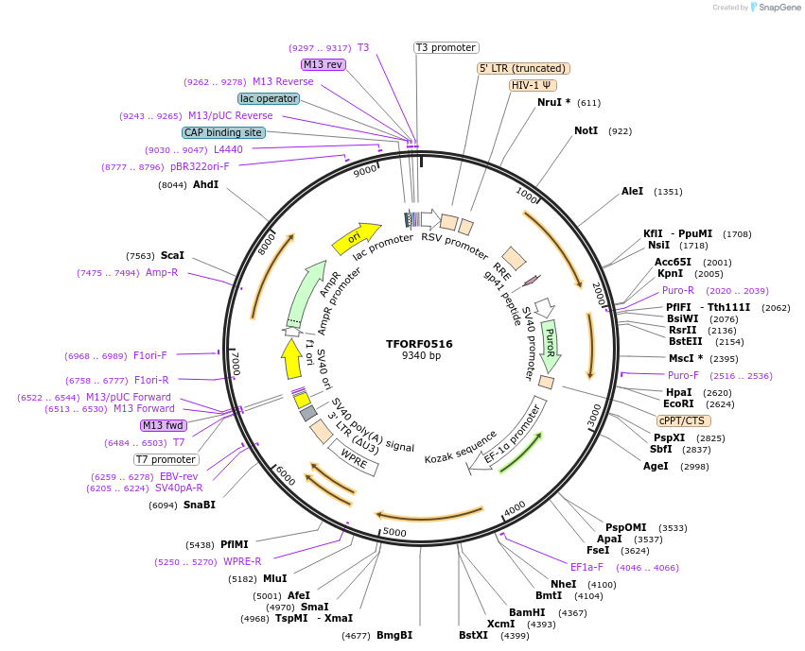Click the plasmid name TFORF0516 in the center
420,344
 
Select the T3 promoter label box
446,47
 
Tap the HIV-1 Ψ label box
533,85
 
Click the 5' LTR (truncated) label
522,68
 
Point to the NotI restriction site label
586,130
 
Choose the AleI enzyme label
632,191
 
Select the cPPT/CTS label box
682,420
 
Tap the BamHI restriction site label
527,612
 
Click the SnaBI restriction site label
200,505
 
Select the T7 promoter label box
166,459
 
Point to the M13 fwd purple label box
163,425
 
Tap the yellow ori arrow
356,237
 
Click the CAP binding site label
223,132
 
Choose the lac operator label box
269,98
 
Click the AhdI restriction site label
205,184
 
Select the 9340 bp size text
420,356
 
